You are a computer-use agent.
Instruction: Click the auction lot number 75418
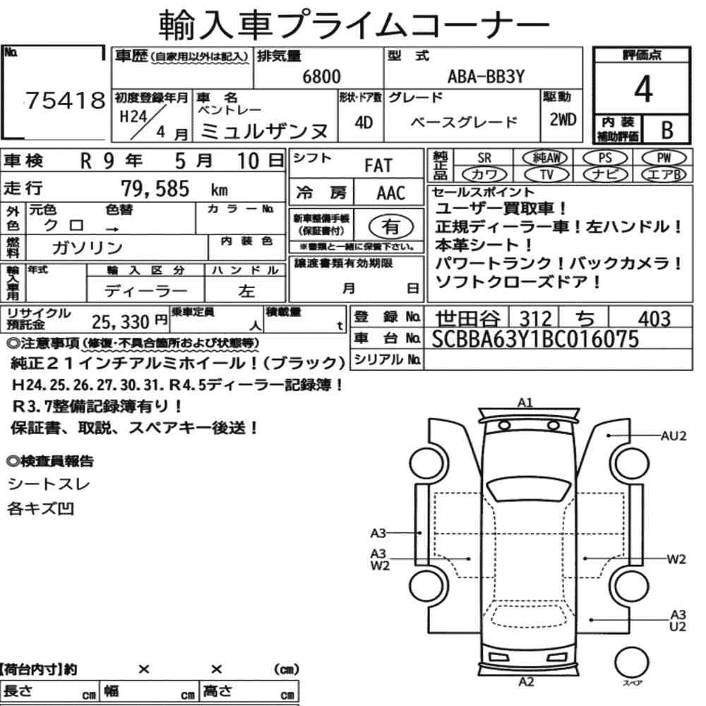point(65,100)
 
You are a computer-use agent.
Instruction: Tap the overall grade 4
point(643,89)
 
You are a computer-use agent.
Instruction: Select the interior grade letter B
point(667,130)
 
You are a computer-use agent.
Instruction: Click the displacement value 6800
point(321,76)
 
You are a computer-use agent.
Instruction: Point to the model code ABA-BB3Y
point(486,76)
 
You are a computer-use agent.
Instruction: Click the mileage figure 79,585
point(155,189)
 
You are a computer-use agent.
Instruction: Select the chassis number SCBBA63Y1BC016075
point(535,339)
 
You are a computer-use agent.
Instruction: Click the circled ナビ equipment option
point(605,174)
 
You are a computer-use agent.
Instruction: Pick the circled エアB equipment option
point(664,174)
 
